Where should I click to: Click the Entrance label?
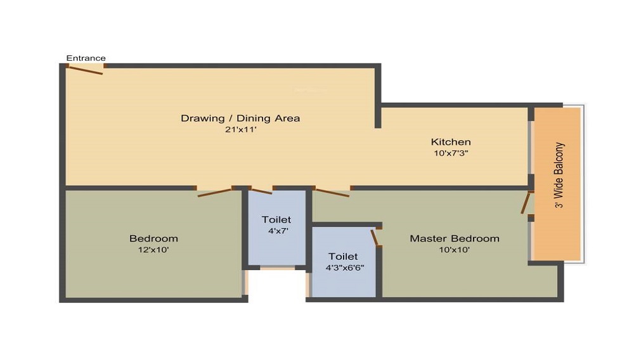(86, 58)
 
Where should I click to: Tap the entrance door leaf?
(86, 70)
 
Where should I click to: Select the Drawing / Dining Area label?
(240, 119)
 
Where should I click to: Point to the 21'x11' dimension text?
(240, 130)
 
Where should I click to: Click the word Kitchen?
(451, 142)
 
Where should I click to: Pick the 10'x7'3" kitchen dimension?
(451, 153)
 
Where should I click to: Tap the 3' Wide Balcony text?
(559, 175)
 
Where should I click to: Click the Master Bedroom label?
(455, 238)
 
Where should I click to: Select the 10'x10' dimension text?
(455, 250)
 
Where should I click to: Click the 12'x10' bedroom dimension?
(153, 250)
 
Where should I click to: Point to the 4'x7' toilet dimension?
(278, 231)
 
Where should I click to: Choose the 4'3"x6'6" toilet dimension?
(345, 267)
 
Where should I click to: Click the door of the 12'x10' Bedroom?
(214, 193)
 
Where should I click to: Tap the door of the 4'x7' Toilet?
(261, 191)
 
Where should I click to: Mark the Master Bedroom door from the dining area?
(332, 193)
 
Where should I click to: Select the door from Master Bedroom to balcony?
(525, 203)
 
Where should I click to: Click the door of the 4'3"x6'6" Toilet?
(375, 238)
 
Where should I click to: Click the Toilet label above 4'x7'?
(276, 219)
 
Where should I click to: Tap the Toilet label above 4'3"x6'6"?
(343, 256)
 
